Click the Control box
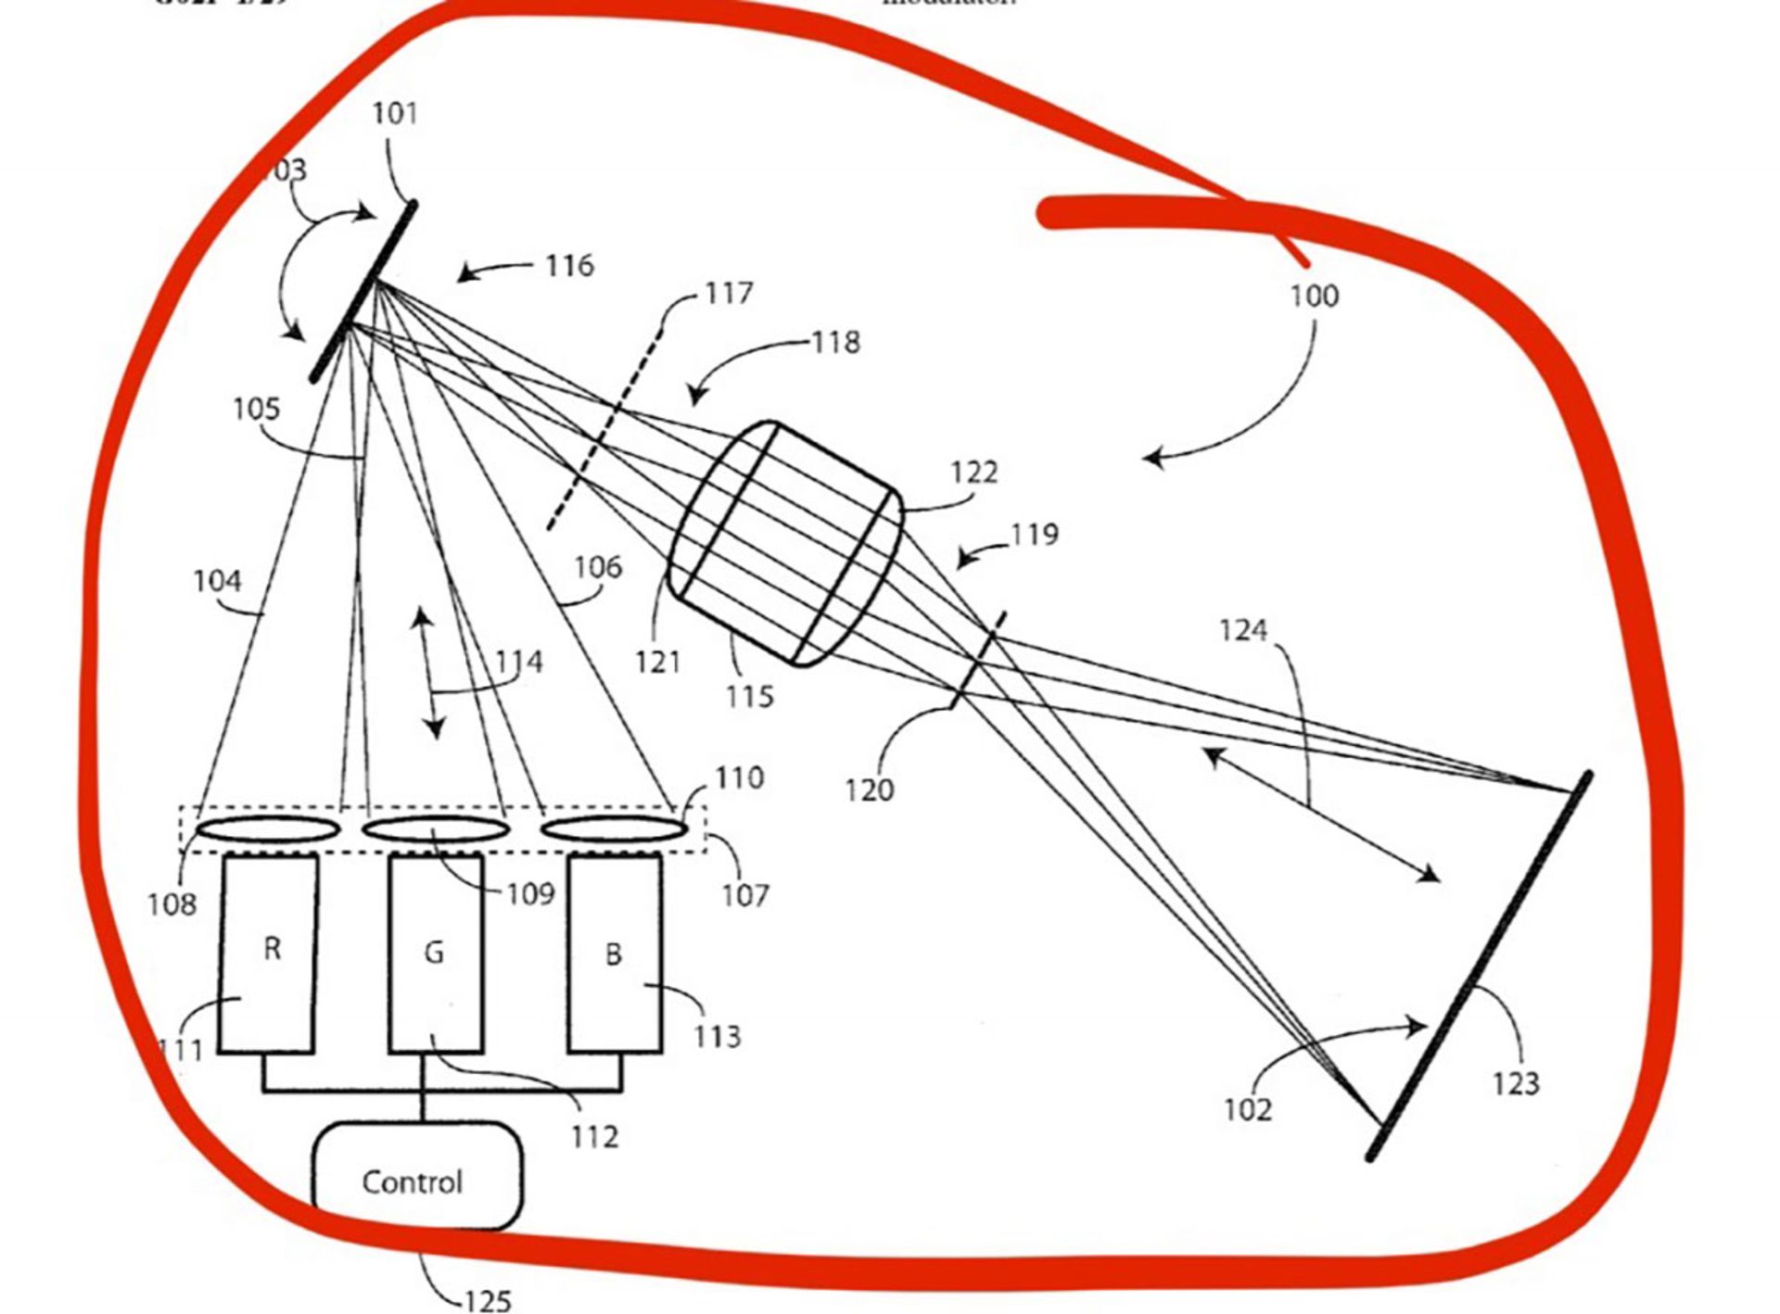[x=416, y=1176]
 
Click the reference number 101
[x=395, y=114]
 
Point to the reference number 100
[x=1315, y=297]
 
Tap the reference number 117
[x=729, y=294]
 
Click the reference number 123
[x=1515, y=1082]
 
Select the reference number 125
[x=488, y=1300]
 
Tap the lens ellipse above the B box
[x=613, y=828]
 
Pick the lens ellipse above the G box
[x=435, y=828]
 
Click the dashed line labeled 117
[x=606, y=427]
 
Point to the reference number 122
[x=974, y=473]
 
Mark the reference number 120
[x=869, y=790]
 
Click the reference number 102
[x=1248, y=1109]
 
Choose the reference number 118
[x=836, y=343]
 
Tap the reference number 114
[x=519, y=663]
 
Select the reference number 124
[x=1242, y=631]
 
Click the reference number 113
[x=718, y=1036]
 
